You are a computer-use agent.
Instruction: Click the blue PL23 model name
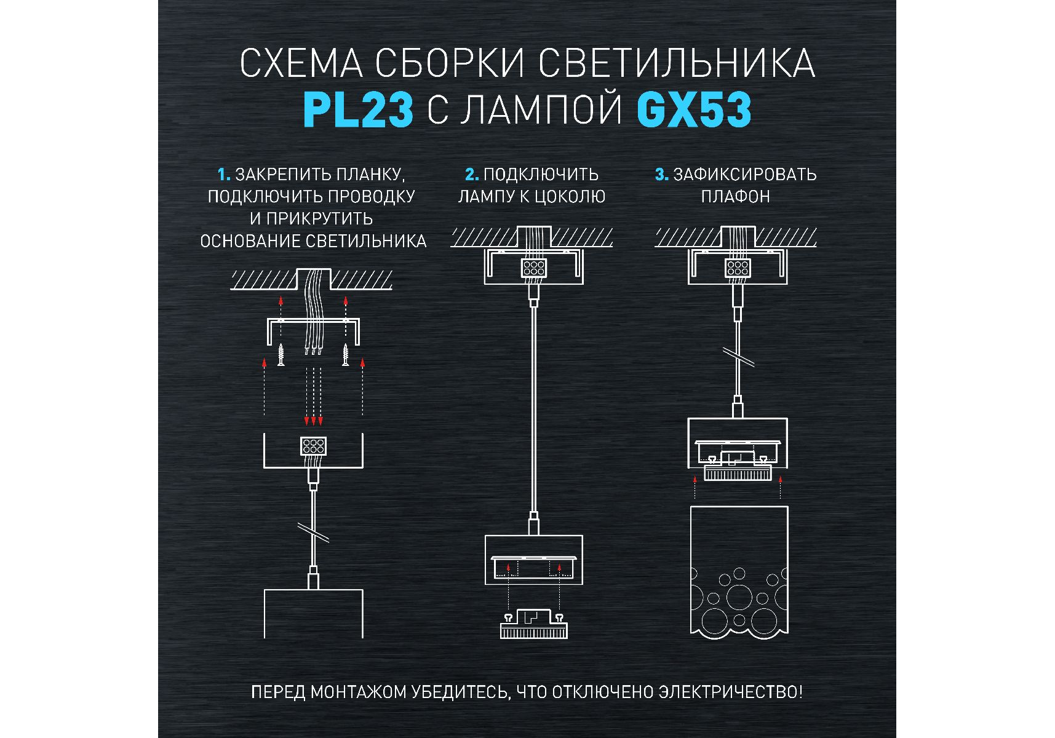357,110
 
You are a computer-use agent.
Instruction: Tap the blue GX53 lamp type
694,110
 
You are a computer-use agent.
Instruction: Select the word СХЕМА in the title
301,63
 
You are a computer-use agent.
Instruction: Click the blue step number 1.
224,175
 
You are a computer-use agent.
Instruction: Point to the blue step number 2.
472,175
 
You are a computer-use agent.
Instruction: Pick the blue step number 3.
661,175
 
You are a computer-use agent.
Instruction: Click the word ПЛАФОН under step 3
736,197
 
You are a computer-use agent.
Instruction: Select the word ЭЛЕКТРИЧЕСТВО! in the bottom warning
731,692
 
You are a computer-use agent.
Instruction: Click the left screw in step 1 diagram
281,355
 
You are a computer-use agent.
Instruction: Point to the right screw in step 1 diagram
346,355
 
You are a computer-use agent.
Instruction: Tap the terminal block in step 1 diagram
313,446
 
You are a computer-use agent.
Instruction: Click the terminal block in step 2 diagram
533,268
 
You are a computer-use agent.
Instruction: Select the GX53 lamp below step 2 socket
533,624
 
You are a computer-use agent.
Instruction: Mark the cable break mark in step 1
313,533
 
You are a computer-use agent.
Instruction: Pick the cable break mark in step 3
738,357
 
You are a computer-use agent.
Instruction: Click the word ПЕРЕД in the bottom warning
278,692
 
